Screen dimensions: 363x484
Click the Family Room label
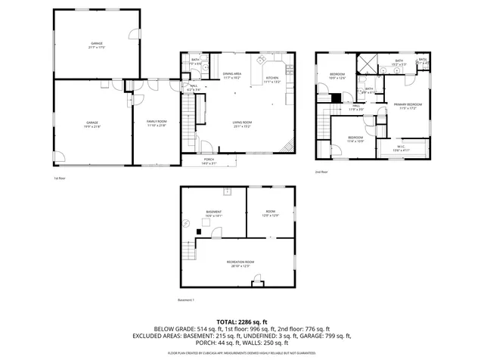click(156, 123)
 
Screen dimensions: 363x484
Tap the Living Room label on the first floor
click(242, 123)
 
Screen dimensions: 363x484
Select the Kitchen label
click(272, 79)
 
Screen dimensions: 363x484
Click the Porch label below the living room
click(209, 161)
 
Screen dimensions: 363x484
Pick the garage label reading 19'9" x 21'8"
click(92, 123)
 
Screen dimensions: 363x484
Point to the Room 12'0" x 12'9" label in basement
click(271, 213)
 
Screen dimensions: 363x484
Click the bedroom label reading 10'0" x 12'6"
click(337, 76)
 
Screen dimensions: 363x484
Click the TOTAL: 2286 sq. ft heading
click(242, 322)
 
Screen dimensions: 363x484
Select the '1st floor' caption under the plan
click(60, 178)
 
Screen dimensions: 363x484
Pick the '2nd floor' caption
click(322, 172)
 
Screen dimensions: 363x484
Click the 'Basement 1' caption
click(187, 300)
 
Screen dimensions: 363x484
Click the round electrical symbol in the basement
click(187, 222)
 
